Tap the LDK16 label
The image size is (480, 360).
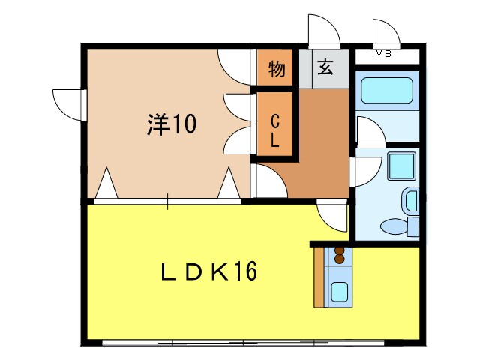coord(211,271)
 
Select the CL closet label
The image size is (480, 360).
coord(275,129)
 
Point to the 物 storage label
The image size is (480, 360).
coord(277,70)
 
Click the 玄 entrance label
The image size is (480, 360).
coord(325,68)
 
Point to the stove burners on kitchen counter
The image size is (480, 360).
coord(338,255)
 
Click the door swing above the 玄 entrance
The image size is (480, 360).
coord(325,30)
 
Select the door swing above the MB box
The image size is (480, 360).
coord(387,31)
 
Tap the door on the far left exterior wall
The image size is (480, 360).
coord(67,101)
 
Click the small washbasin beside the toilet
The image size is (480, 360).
coord(410,200)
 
